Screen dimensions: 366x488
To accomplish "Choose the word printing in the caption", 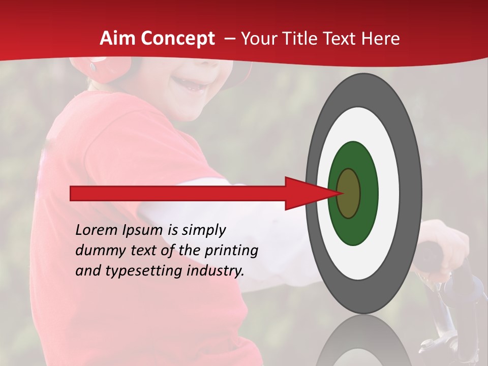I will tap(232, 251).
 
